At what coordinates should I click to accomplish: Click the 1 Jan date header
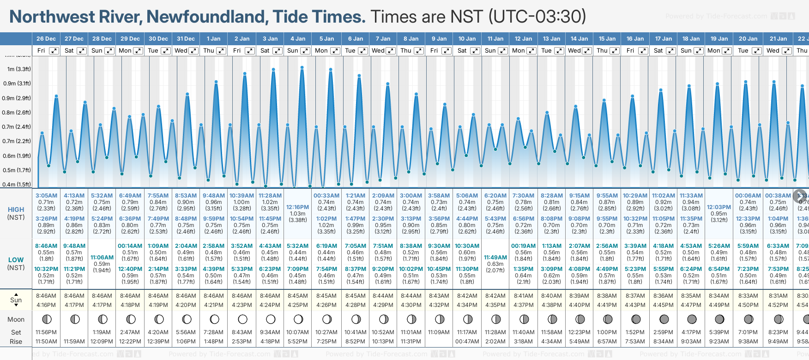pos(213,39)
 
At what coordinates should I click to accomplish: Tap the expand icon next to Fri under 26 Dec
pos(54,51)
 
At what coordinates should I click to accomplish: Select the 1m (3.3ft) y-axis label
pos(19,69)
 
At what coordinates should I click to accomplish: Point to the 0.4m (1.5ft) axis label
pos(17,184)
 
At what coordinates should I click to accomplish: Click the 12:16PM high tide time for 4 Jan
pos(297,207)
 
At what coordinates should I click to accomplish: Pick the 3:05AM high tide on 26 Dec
pos(46,196)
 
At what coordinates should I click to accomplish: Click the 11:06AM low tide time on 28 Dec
pos(102,258)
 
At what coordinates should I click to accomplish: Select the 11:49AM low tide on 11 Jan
pos(495,258)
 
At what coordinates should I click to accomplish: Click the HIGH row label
pos(16,210)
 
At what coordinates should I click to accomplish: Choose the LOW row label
pos(16,260)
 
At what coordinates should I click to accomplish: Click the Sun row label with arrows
pos(16,300)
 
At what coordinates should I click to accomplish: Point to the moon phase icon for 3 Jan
pos(271,319)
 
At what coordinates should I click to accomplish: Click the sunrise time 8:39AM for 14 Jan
pos(579,296)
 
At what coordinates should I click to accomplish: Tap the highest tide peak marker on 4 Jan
pos(302,68)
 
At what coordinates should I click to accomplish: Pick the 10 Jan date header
pos(467,39)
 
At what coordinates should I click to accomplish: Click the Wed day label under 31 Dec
pos(181,51)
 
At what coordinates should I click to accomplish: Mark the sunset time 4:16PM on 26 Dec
pos(46,305)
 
